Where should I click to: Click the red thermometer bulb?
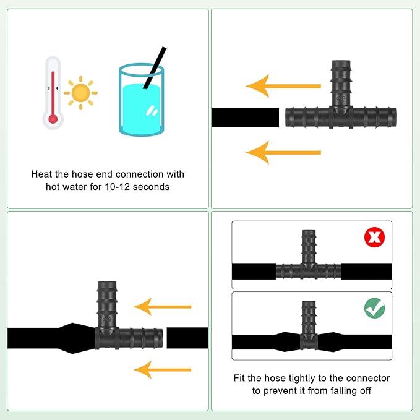[53, 119]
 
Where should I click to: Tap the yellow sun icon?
[80, 93]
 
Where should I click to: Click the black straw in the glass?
[155, 68]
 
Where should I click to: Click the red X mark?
[374, 237]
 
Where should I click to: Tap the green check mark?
[374, 308]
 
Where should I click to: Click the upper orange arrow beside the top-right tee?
[283, 86]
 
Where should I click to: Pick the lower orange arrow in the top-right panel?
[283, 153]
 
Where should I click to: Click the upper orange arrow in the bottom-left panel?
[163, 307]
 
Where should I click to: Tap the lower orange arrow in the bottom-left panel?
[163, 370]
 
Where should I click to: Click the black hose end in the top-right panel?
[245, 118]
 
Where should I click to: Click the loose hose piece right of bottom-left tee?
[187, 338]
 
